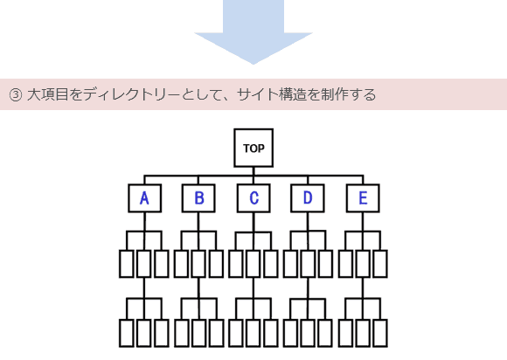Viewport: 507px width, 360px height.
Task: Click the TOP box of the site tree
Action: point(253,148)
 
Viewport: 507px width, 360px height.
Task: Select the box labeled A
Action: point(144,198)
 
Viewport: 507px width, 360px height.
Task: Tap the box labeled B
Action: point(198,198)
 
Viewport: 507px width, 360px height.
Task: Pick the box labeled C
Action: point(253,198)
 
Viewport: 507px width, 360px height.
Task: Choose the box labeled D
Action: point(308,198)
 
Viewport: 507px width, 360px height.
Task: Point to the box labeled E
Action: point(362,198)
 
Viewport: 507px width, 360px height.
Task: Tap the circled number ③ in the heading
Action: point(15,94)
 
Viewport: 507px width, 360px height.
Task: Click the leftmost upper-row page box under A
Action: point(127,264)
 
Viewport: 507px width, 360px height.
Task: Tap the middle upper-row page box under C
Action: point(253,264)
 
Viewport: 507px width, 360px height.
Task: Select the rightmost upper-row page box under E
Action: point(380,264)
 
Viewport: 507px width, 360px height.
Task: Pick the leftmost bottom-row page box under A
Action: point(127,333)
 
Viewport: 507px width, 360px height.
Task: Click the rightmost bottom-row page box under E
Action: point(380,333)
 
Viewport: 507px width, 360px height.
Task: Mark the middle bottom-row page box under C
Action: point(253,333)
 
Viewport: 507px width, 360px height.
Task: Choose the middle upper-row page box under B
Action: point(198,264)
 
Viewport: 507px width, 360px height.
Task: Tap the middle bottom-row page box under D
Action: point(308,333)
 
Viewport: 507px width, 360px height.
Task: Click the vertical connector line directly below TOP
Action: point(253,170)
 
